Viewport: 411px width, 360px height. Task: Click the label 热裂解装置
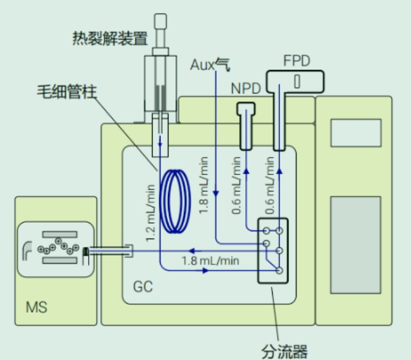[110, 38]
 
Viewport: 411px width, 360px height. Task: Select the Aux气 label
[210, 64]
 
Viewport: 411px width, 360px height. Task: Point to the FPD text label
[296, 61]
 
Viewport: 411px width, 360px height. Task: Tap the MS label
[36, 308]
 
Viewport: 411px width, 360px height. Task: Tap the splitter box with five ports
[273, 250]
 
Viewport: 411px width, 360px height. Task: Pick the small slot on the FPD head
[297, 81]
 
